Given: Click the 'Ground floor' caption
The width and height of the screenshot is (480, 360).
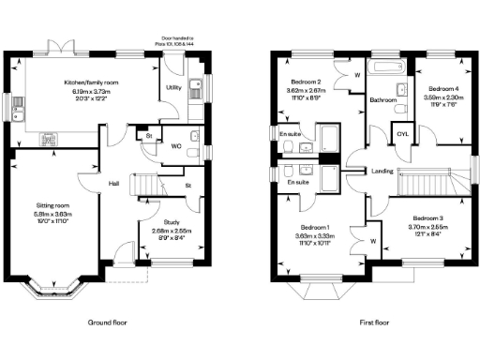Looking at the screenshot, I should tap(107, 322).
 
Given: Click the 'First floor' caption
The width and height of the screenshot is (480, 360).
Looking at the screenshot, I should tap(373, 322).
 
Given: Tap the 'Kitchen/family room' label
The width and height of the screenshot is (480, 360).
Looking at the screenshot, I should tap(91, 82).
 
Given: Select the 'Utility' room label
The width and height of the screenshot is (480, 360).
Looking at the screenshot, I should tap(173, 87).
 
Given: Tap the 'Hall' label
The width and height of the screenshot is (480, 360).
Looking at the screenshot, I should tap(113, 184).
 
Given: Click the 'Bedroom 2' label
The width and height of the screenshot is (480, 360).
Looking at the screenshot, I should tap(306, 82).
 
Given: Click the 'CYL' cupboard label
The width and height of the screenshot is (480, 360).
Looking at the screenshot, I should tap(403, 134).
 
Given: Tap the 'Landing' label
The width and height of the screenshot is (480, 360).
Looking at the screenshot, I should tap(382, 171).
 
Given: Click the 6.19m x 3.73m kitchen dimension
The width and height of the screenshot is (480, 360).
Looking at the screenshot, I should tap(91, 90).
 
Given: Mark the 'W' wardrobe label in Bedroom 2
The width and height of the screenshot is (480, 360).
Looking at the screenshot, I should tap(358, 75).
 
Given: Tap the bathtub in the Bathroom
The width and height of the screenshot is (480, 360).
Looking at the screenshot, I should tap(385, 67).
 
